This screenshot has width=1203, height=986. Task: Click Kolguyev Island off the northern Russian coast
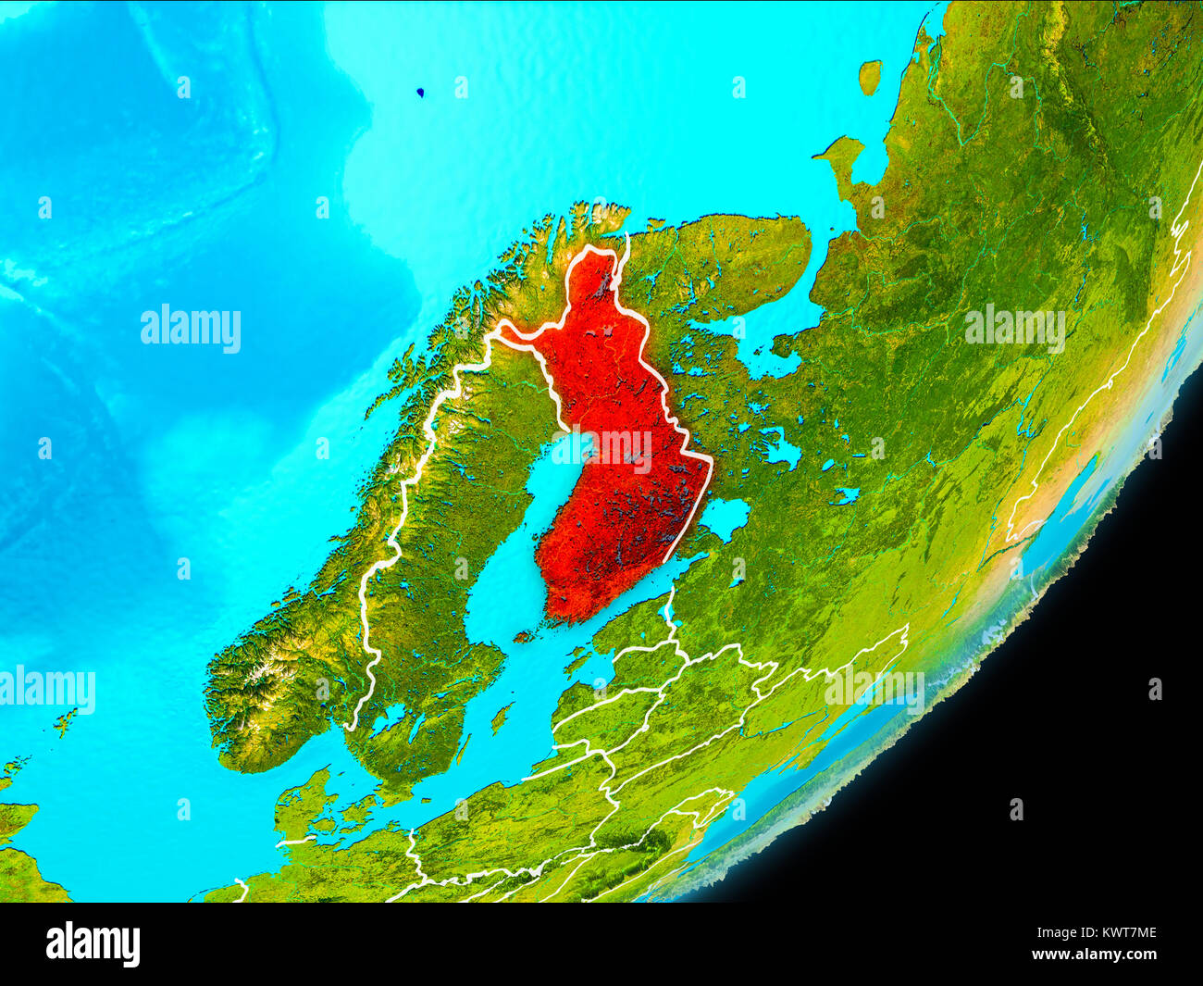[869, 76]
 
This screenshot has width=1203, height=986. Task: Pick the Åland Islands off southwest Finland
[526, 636]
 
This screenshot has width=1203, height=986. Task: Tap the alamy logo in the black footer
[93, 944]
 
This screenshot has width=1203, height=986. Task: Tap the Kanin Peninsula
[840, 157]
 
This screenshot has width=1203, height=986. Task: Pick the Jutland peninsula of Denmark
[301, 805]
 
